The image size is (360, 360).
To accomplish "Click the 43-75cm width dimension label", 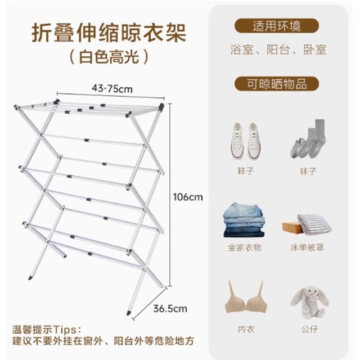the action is point(112,89).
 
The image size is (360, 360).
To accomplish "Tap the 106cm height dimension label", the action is point(188,197).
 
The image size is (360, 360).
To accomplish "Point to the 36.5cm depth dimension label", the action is point(170,309).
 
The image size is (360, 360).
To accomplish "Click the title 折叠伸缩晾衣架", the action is point(109,33).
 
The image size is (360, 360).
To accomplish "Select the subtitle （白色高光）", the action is point(109,57).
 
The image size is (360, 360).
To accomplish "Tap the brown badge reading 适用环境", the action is point(276,26).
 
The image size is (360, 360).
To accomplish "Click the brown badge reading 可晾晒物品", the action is point(276,84).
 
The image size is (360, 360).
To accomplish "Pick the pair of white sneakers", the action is point(246,141).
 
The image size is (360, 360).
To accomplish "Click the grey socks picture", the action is point(308,139).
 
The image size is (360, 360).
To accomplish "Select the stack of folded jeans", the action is point(244,220).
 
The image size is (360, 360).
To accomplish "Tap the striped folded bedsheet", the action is point(314,224).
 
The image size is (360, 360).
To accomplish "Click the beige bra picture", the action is point(246,297).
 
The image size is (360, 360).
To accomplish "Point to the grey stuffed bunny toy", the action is point(310,302).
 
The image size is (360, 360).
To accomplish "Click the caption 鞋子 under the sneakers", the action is point(245,171).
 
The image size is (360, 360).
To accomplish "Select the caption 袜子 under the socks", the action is point(308,171).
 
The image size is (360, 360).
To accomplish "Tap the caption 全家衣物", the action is point(245,247).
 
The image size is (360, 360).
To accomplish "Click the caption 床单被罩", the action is point(307,247).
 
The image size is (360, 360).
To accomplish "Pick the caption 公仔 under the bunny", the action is point(309,329).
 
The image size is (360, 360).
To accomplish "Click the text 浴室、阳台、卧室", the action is point(278,49).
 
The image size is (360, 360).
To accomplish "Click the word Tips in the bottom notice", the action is point(65,330).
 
